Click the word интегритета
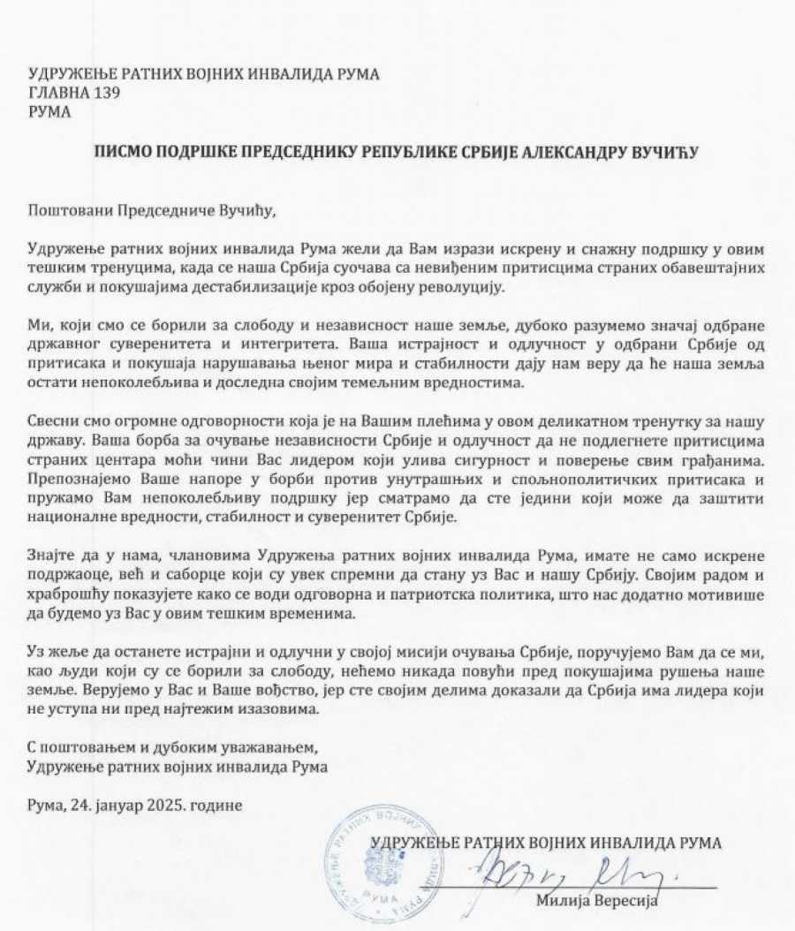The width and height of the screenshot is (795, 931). point(323,345)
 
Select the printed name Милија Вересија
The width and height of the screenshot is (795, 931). point(597,902)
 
